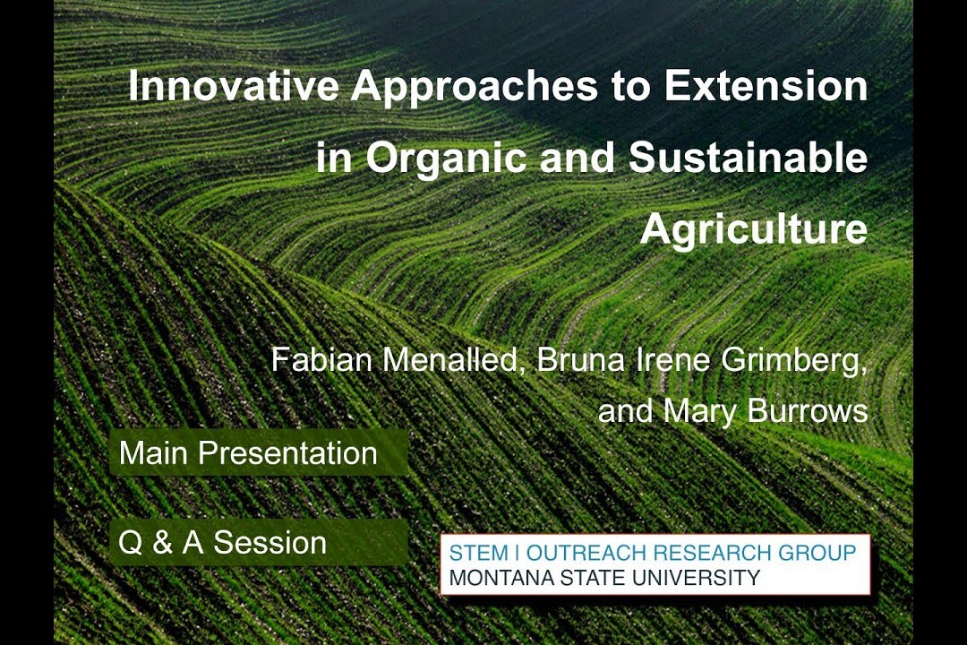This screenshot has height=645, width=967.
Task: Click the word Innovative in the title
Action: point(234,86)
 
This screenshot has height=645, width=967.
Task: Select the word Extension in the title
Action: point(766,86)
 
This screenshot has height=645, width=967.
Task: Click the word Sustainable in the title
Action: point(748,157)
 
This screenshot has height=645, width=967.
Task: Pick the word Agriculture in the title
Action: point(754,230)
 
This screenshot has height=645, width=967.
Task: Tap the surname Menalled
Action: point(453,360)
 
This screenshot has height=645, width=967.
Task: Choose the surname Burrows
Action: point(808,410)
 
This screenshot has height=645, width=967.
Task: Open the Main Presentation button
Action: point(259,452)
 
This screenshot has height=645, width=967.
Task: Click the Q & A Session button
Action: point(259,542)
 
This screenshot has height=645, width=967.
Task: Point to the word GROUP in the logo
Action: point(817,553)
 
